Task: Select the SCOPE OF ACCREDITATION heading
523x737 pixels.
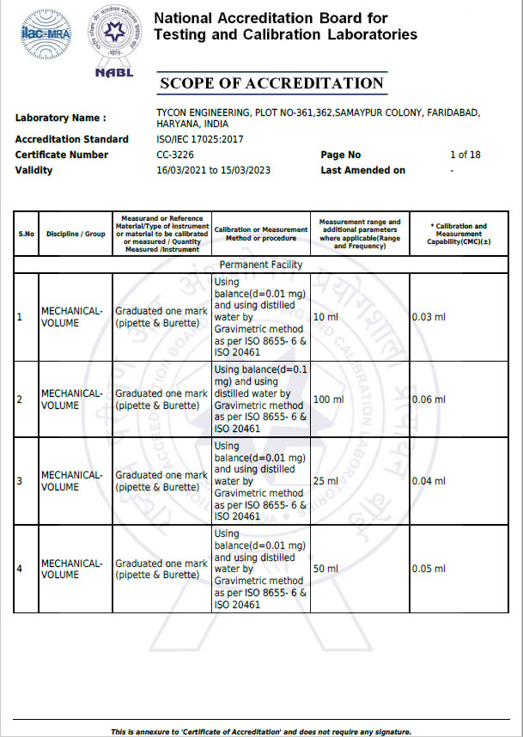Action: coord(271,83)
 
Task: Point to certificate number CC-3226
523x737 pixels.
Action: coord(175,155)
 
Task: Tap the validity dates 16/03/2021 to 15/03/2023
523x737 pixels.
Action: coord(213,170)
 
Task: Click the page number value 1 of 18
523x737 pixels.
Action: coord(465,155)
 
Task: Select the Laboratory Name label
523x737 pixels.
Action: coord(61,118)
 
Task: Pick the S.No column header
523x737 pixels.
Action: coord(26,234)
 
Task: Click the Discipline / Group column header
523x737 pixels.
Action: coord(76,234)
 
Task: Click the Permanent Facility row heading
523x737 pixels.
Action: coord(261,265)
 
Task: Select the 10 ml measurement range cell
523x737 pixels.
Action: coord(325,318)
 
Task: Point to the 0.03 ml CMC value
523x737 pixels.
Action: coord(429,318)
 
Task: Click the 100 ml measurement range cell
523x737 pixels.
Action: coord(328,399)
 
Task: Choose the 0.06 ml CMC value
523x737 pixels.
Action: coord(429,399)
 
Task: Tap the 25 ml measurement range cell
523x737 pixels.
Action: coord(325,481)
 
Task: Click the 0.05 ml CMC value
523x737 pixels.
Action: coord(429,569)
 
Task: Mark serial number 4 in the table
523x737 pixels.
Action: coord(20,569)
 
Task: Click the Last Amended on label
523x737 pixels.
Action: coord(362,170)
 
